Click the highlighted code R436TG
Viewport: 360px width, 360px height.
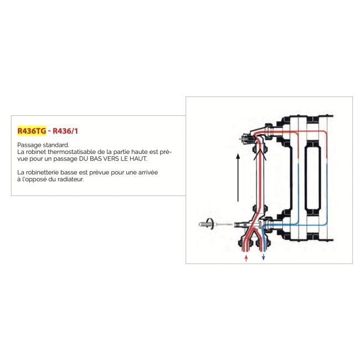pyautogui.click(x=32, y=131)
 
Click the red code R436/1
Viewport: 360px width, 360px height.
pyautogui.click(x=65, y=131)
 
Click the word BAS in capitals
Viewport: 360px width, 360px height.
pyautogui.click(x=96, y=158)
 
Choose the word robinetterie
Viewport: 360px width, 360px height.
pyautogui.click(x=40, y=172)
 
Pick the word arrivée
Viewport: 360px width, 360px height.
pyautogui.click(x=148, y=172)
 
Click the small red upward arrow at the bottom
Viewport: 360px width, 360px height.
pyautogui.click(x=246, y=258)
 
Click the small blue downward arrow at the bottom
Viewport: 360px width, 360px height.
pyautogui.click(x=263, y=257)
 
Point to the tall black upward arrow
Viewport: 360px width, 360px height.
pyautogui.click(x=238, y=177)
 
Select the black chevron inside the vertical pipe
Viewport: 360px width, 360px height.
pyautogui.click(x=260, y=155)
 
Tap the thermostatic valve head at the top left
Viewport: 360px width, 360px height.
pyautogui.click(x=246, y=138)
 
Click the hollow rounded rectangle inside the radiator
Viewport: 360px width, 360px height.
pyautogui.click(x=305, y=178)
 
